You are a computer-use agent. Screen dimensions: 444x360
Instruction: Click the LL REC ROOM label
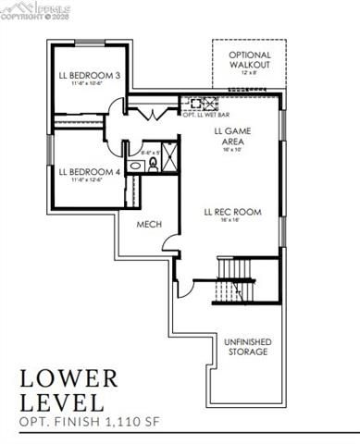click(232, 212)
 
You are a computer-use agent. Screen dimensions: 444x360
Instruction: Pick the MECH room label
click(150, 225)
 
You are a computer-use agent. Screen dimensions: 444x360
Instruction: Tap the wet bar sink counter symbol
click(202, 103)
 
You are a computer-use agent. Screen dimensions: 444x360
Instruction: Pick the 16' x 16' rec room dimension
click(232, 221)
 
